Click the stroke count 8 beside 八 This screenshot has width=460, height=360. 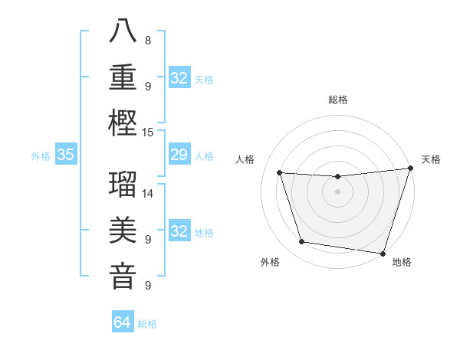(148, 40)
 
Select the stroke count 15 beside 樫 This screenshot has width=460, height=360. (148, 132)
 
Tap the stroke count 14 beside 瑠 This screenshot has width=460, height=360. (148, 193)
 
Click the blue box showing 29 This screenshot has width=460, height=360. (179, 155)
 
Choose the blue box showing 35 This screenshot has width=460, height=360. (65, 155)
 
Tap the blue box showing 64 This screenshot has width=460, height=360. (122, 322)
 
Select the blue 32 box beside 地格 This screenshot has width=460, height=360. (179, 231)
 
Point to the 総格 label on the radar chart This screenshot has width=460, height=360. (337, 100)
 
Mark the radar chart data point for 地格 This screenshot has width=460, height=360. (383, 253)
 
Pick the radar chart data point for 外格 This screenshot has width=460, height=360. (302, 242)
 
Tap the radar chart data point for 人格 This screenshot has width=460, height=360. (280, 173)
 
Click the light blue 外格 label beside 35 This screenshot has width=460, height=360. (41, 156)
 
